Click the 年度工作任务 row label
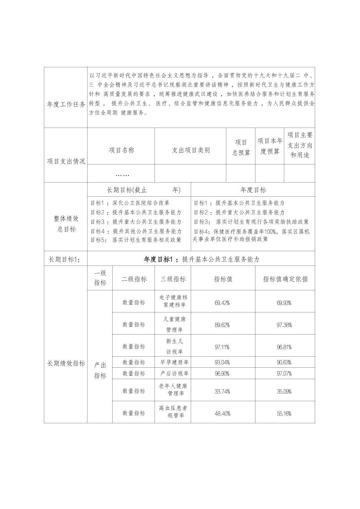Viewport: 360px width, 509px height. point(66,104)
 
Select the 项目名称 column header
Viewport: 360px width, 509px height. point(121,150)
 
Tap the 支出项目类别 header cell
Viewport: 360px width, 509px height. point(191,150)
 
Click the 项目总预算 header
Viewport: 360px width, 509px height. point(241,148)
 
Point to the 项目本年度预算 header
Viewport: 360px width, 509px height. point(270,146)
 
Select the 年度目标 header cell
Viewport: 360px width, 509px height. point(253,190)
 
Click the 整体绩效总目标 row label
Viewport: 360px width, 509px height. point(66,224)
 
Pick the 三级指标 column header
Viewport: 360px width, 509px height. point(173,279)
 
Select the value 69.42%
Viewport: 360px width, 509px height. point(222,303)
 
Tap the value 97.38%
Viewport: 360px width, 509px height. point(284,325)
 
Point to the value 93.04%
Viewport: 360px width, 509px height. point(222,362)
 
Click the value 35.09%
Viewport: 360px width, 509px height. point(284,391)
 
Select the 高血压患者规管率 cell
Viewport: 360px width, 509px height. point(173,412)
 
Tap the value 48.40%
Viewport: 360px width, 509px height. point(222,414)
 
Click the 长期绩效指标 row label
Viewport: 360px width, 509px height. point(66,363)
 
